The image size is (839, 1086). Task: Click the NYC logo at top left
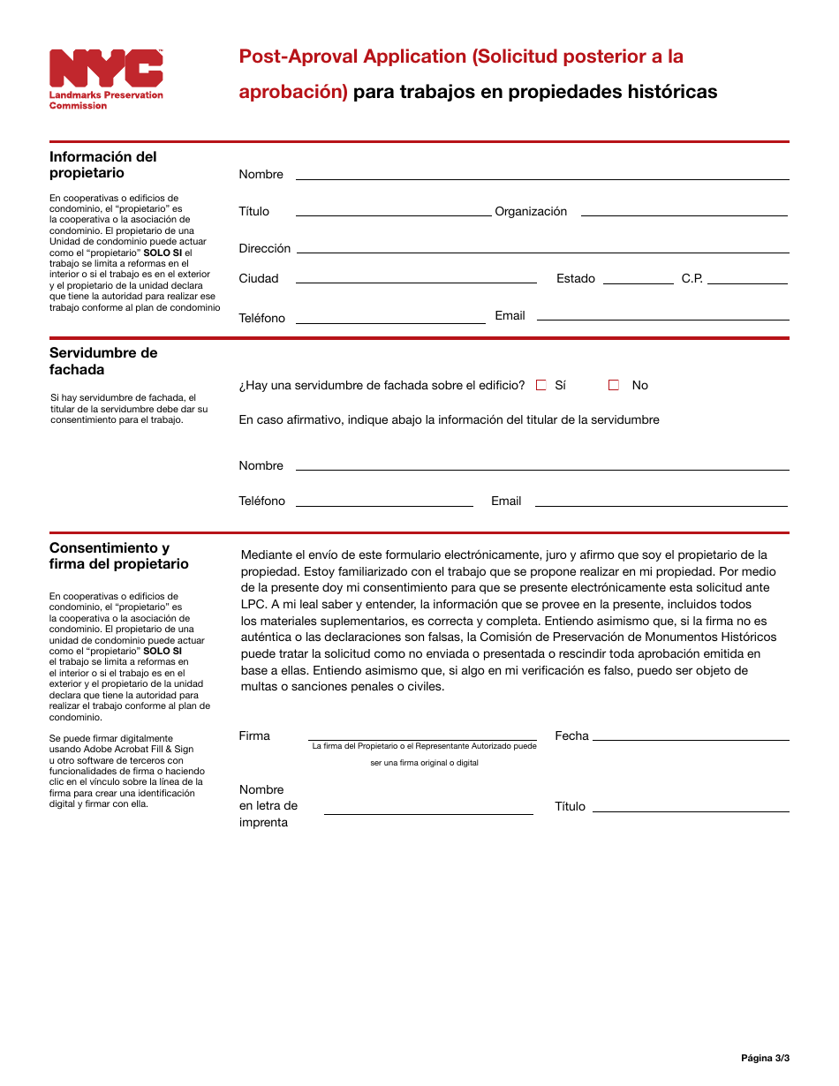[106, 69]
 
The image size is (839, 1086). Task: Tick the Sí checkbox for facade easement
[541, 385]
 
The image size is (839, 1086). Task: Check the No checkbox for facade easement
[614, 385]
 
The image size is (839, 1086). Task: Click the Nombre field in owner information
[541, 174]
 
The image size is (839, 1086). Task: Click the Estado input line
[638, 278]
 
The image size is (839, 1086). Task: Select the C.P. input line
[747, 278]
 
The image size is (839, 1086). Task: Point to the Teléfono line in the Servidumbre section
[384, 501]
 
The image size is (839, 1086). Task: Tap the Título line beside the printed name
[691, 806]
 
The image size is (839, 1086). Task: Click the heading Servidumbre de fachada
[103, 361]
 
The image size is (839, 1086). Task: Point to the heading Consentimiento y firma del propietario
[118, 555]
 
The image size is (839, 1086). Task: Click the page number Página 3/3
[765, 1058]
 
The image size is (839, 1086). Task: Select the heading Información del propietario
[102, 164]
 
